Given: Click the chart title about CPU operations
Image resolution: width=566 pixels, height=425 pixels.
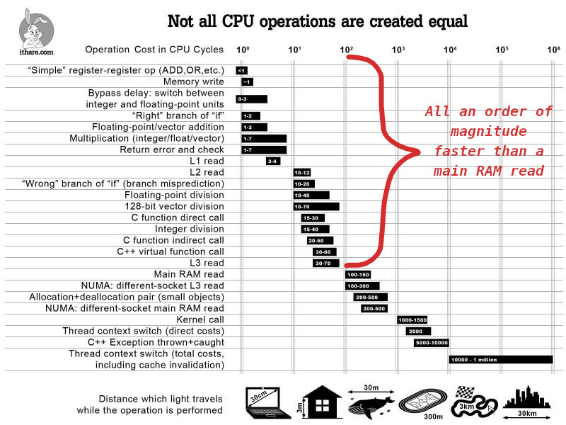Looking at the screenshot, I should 317,21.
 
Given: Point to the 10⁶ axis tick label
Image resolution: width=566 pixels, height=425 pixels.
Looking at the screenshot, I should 553,50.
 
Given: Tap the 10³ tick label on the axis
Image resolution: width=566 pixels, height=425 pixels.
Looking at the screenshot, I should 398,50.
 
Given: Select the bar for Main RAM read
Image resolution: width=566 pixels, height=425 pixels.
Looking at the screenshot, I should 358,274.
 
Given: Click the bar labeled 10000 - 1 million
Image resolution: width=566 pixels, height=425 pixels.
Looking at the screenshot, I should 500,359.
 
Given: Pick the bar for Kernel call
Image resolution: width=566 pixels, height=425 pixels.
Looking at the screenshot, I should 412,319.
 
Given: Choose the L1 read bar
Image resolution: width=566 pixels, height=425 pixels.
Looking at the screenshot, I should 273,161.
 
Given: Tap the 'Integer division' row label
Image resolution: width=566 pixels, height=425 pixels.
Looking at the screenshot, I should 189,229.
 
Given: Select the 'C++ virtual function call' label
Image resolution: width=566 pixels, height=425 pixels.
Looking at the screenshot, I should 170,251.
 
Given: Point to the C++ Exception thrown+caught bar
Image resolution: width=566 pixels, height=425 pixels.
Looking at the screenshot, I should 432,342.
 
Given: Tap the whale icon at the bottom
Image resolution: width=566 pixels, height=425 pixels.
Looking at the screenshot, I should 371,403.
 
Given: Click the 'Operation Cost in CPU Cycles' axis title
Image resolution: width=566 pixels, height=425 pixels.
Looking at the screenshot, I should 154,50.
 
